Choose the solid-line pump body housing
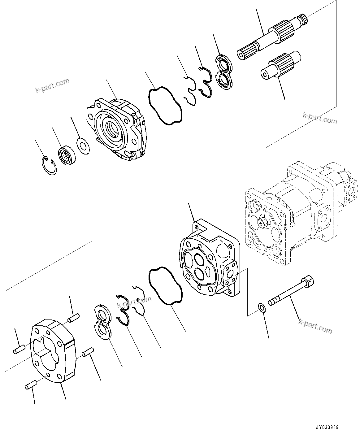(209, 260)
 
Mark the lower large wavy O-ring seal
(166, 285)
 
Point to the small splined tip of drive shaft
(303, 19)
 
